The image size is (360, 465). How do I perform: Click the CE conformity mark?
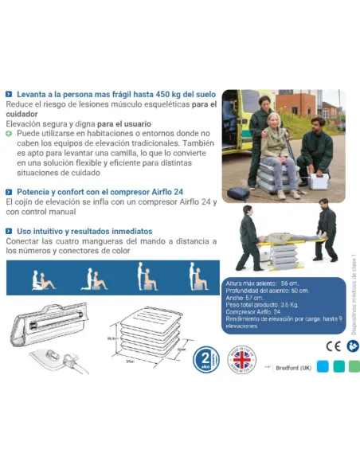tap(333, 347)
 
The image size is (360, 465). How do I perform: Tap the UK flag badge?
tap(242, 359)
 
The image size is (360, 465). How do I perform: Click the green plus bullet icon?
tap(9, 134)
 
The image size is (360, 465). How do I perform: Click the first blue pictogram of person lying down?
tap(42, 279)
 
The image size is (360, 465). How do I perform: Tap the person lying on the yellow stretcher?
tap(286, 237)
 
